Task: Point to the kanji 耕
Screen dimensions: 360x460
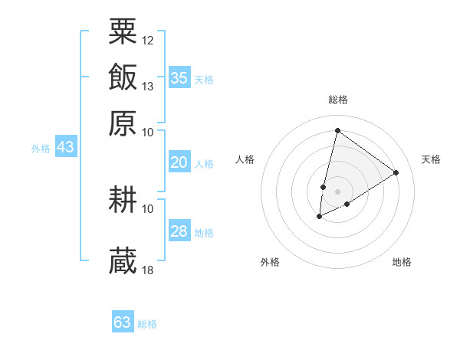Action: point(123,200)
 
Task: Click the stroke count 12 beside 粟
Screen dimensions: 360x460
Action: point(148,40)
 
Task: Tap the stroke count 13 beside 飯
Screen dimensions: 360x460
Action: point(148,86)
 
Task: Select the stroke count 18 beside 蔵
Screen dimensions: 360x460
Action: point(148,270)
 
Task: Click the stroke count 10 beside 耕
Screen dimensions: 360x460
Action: point(148,208)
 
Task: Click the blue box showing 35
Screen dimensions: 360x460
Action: point(179,77)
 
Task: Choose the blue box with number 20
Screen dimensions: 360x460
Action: point(179,162)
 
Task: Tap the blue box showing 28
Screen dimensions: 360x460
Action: point(179,231)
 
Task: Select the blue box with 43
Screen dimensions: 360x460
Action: point(65,147)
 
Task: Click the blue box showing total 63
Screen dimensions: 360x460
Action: point(123,322)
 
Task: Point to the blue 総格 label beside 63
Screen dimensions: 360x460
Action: point(147,324)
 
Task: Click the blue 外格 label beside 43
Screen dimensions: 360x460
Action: point(41,149)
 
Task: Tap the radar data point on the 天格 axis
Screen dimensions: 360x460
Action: point(396,172)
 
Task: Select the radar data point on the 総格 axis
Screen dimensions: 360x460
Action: point(337,130)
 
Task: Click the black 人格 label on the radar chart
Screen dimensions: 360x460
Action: point(245,159)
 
